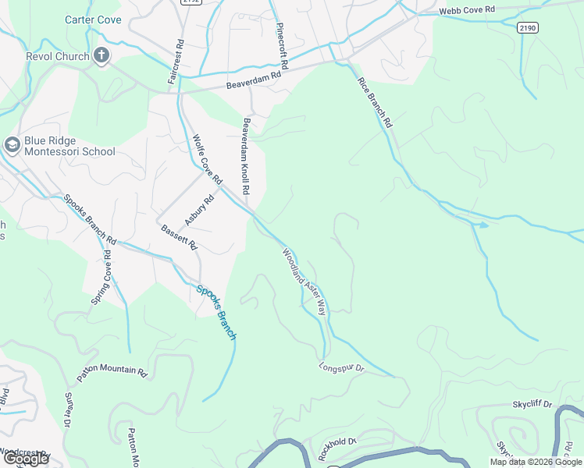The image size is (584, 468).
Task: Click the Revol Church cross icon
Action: coord(101,55)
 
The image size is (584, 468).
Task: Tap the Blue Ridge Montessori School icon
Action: coord(12,144)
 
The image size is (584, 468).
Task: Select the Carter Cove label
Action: coord(93,19)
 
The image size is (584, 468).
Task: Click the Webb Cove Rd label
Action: coord(467,9)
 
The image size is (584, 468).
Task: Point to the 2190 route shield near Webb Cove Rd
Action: coord(528,27)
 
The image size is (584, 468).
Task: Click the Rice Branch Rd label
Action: coord(375,102)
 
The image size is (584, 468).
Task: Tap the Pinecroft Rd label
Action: coord(283,44)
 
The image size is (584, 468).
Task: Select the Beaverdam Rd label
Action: coord(253,81)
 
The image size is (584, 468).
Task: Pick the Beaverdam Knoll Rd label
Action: coord(246,156)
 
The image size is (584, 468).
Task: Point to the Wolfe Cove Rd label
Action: coord(208,159)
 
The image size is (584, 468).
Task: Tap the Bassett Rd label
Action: coord(179,237)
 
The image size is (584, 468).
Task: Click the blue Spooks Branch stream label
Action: coord(216,312)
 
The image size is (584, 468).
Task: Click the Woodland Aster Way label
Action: coord(304,282)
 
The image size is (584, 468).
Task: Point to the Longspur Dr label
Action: coord(342,366)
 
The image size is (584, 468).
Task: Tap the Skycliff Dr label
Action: coord(532,405)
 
